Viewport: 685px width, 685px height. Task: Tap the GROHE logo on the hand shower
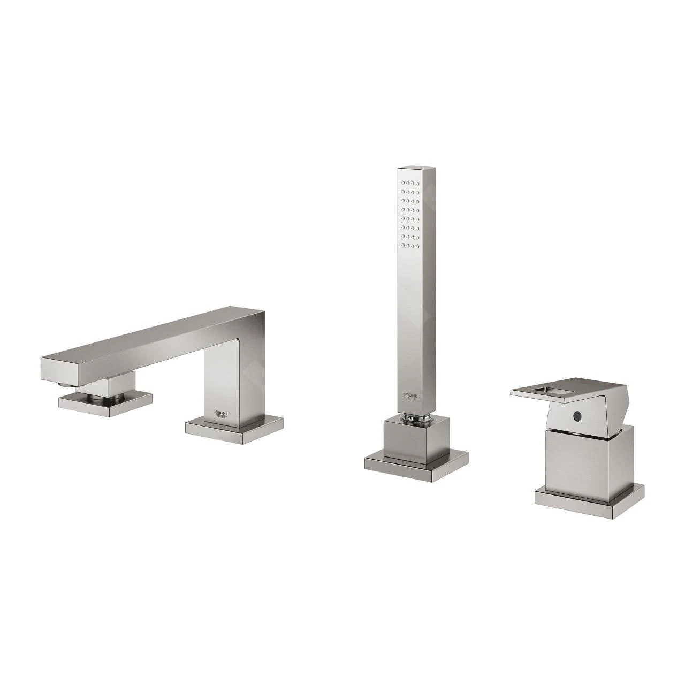coord(410,397)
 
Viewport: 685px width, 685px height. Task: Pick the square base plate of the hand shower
coord(416,461)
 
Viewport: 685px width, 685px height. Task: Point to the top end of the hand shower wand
coord(411,170)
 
